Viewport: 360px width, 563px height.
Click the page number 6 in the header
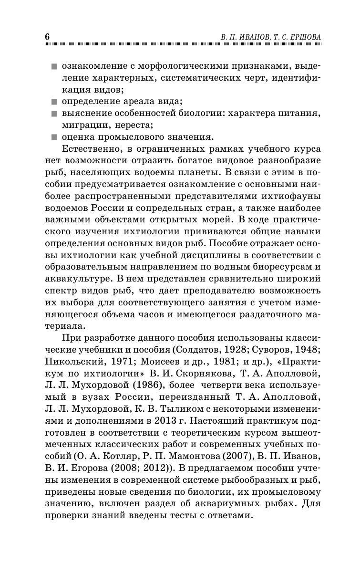pyautogui.click(x=47, y=37)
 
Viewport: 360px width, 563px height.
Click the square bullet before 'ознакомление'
pyautogui.click(x=54, y=65)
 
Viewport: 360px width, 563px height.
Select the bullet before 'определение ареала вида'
pyautogui.click(x=54, y=101)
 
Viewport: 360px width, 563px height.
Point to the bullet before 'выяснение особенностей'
pyautogui.click(x=54, y=114)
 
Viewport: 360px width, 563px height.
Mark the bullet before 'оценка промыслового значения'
pyautogui.click(x=54, y=138)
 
